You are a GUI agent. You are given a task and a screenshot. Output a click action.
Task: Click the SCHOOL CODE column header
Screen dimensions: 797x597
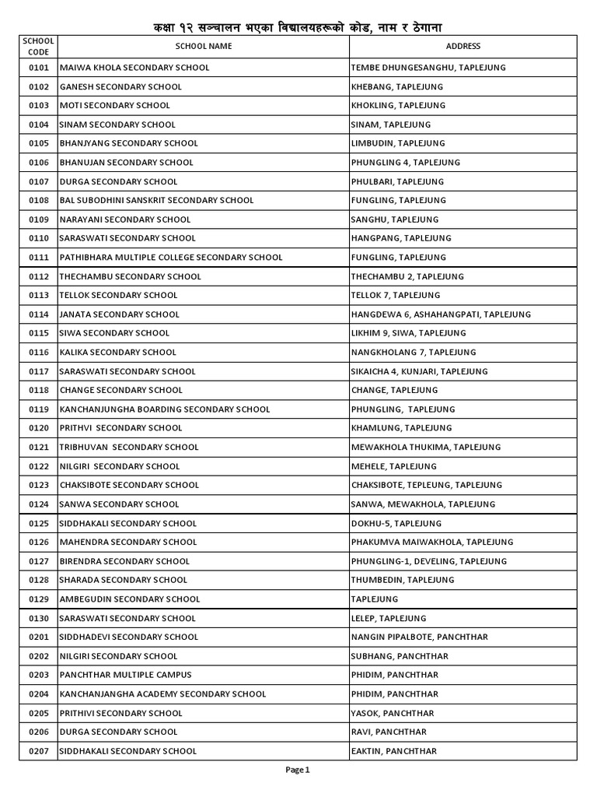38,46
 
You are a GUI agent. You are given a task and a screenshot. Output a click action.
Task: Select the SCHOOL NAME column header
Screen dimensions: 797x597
203,46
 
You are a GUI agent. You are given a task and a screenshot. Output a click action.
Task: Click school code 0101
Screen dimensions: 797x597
38,68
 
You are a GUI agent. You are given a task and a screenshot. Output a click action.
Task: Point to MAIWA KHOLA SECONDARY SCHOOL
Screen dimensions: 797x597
134,68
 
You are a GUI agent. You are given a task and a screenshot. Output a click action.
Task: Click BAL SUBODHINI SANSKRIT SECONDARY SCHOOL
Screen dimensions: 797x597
156,200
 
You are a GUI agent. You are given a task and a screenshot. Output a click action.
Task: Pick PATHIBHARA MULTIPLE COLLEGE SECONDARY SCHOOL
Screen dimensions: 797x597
171,257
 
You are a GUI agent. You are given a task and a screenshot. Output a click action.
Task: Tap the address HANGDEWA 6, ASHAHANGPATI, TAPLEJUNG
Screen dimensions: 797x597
441,314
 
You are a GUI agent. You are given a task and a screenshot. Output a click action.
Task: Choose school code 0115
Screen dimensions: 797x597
38,333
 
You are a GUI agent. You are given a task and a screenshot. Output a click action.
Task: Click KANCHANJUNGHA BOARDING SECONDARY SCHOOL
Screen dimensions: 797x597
165,409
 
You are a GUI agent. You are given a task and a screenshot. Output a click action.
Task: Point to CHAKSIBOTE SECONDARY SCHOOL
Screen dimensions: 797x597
129,485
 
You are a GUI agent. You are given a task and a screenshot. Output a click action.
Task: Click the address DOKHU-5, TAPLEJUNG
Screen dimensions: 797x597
396,523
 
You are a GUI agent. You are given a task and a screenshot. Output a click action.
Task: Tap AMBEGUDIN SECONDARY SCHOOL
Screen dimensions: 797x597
130,599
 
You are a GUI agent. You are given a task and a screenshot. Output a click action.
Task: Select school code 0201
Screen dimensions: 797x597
38,637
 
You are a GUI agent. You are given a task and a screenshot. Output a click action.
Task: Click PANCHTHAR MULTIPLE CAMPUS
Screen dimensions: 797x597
125,675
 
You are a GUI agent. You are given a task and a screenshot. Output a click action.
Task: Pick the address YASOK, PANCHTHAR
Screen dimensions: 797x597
393,713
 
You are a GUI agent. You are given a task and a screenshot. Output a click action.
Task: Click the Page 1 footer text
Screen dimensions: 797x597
298,770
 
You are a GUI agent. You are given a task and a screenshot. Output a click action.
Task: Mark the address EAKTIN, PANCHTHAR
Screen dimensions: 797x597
393,751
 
